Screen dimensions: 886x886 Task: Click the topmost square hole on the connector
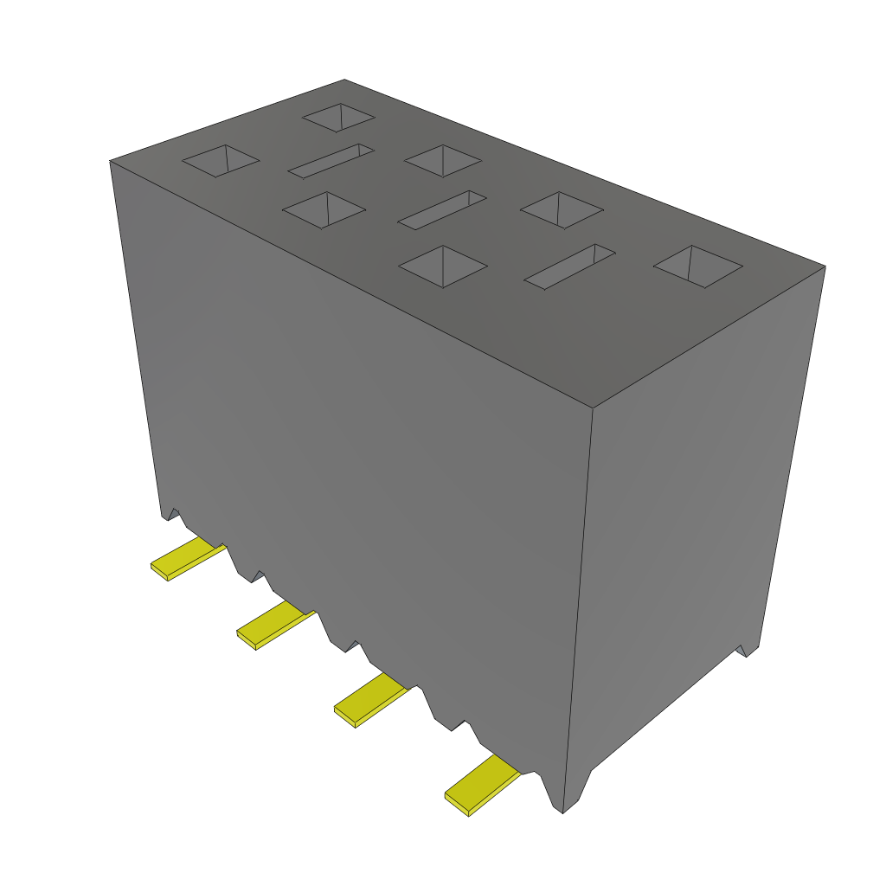point(338,118)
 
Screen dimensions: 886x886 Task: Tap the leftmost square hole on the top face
point(221,161)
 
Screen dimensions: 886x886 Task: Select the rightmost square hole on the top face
point(697,266)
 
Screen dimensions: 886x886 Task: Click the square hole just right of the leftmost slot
point(442,160)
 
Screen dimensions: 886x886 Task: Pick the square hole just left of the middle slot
point(324,210)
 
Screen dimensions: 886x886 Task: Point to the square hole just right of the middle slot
point(562,210)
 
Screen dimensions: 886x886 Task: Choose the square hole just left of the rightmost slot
point(443,266)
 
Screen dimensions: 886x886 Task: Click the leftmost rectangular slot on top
point(331,161)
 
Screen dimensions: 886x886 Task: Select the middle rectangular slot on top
point(442,210)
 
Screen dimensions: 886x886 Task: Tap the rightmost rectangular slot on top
point(569,266)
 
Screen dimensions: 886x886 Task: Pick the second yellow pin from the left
point(274,626)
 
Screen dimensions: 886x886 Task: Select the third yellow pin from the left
point(369,700)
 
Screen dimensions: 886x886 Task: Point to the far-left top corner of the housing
point(110,161)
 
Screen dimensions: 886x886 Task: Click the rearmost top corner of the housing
point(344,80)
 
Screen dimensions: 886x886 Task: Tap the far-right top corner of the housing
point(825,266)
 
